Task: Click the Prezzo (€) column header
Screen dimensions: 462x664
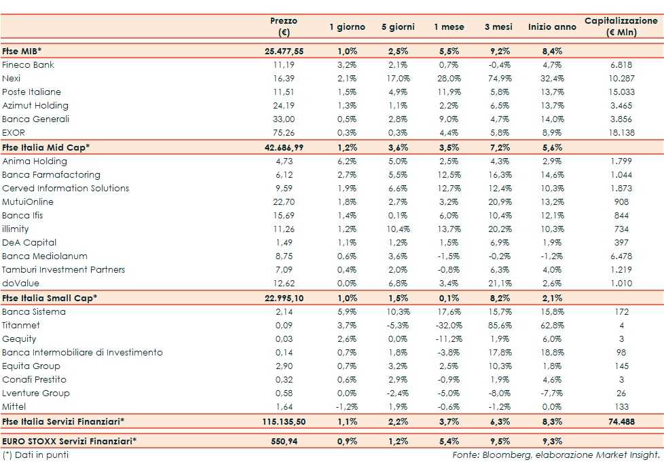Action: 283,26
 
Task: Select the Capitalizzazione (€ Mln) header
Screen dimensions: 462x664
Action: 621,26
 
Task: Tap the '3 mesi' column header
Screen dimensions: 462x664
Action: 498,27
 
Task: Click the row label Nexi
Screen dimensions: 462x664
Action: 12,79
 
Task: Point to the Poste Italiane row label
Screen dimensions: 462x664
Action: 31,92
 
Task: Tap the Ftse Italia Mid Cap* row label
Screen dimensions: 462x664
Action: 46,147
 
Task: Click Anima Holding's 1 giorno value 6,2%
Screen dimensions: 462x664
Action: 347,161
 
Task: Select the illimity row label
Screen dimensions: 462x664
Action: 16,229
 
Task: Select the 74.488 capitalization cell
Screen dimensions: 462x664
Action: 621,421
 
